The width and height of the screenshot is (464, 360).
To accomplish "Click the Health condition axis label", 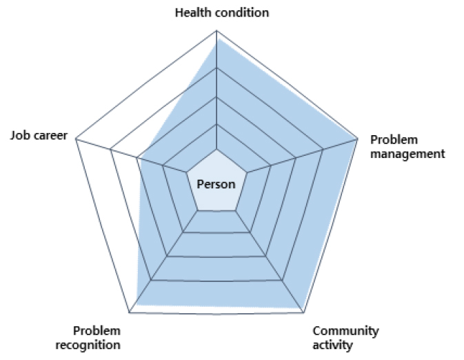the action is [222, 12].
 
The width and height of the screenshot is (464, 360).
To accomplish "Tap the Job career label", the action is [39, 135].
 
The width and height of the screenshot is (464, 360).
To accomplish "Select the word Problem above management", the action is [394, 140].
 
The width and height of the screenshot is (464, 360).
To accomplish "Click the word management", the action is [407, 154].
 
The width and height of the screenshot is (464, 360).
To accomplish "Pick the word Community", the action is [345, 331].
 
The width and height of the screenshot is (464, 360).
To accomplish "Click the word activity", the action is [332, 346].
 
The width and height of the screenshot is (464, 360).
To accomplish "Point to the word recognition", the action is [88, 346].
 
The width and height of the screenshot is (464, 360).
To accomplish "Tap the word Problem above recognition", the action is [97, 331].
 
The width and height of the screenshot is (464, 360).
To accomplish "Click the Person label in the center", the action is [216, 184].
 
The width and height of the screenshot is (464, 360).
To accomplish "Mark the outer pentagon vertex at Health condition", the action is [216, 30].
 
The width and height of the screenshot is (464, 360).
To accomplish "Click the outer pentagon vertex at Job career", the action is [76, 138].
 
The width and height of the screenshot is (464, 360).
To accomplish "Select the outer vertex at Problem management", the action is [357, 138].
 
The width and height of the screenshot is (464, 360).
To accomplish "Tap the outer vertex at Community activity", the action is [304, 312].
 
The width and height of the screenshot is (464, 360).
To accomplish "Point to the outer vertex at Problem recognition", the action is [130, 312].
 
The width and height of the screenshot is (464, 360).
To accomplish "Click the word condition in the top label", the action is [242, 12].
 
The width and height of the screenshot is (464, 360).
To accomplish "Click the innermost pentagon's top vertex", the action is [216, 150].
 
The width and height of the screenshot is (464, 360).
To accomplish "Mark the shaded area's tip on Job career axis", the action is [140, 159].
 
